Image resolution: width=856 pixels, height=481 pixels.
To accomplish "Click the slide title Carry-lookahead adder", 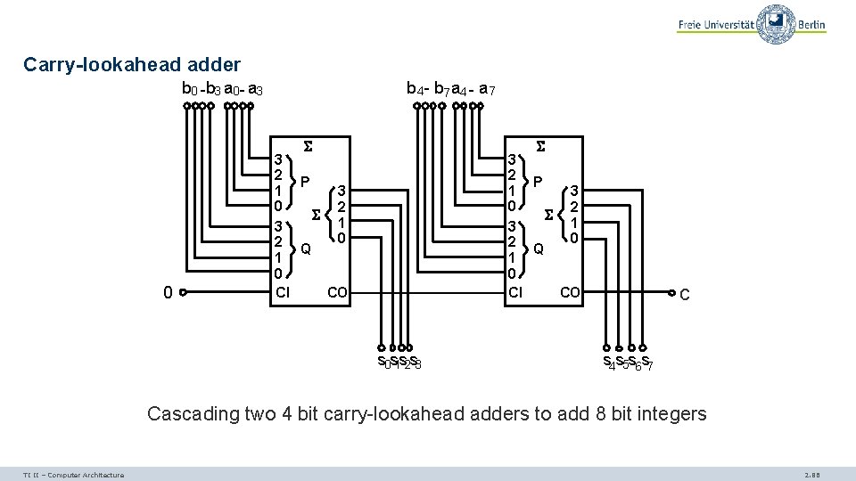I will click(x=132, y=65).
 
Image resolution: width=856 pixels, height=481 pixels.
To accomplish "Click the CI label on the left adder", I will click(x=282, y=291).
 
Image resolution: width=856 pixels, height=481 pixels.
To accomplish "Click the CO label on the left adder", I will click(x=338, y=291).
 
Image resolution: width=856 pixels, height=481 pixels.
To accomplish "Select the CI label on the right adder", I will click(x=514, y=291).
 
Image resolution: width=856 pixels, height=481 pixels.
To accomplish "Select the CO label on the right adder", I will click(x=570, y=291).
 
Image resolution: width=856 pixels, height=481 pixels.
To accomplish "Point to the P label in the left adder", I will click(x=305, y=182).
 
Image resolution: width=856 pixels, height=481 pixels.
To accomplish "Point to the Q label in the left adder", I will click(x=306, y=248).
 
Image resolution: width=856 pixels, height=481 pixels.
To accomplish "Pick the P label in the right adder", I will click(x=539, y=182).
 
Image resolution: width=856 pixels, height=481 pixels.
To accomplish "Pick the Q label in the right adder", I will click(x=539, y=249).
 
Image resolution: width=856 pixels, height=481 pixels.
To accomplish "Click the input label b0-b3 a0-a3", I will click(x=221, y=89).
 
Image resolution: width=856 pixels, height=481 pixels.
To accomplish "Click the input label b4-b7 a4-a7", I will click(x=451, y=89).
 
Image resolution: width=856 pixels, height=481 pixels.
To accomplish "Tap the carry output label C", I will click(x=684, y=294).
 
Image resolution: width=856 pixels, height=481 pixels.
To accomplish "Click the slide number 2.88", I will click(x=812, y=475).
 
